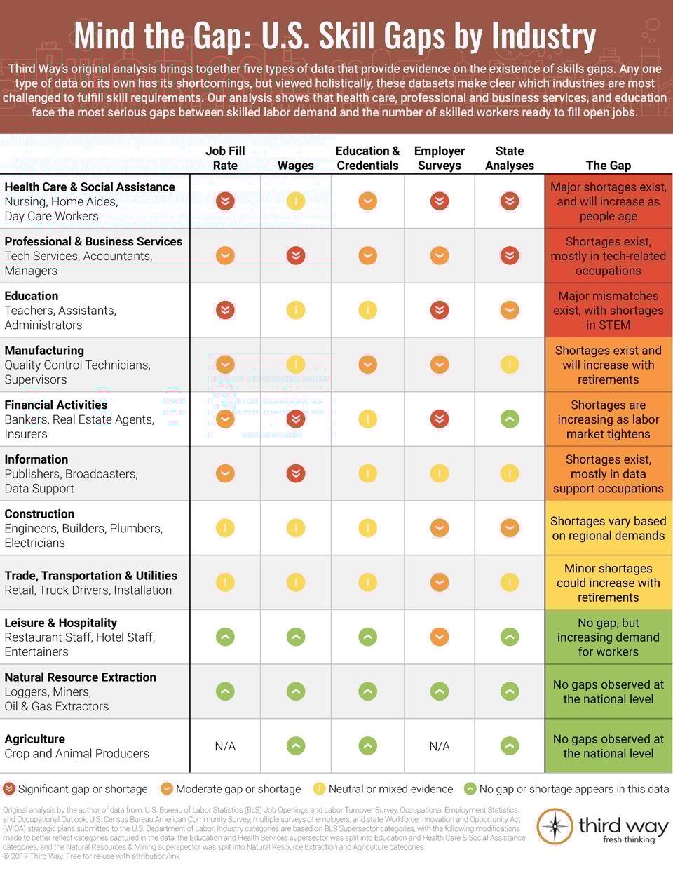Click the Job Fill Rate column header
point(225,158)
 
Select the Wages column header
point(295,166)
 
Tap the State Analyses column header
point(510,158)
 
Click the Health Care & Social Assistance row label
point(90,187)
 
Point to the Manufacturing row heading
point(44,351)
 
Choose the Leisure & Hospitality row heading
point(61,623)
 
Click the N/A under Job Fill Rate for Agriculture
point(225,746)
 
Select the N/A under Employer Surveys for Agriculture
point(440,746)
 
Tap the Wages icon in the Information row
point(296,473)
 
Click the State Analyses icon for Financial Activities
point(510,419)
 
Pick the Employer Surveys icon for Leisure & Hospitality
point(440,637)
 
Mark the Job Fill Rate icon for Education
point(225,309)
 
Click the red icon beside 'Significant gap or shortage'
point(9,789)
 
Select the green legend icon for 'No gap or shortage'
point(470,789)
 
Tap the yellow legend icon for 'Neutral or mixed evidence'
point(319,789)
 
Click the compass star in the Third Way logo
point(555,827)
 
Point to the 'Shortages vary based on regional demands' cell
point(609,528)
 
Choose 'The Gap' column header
point(609,166)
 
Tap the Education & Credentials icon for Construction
point(367,527)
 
